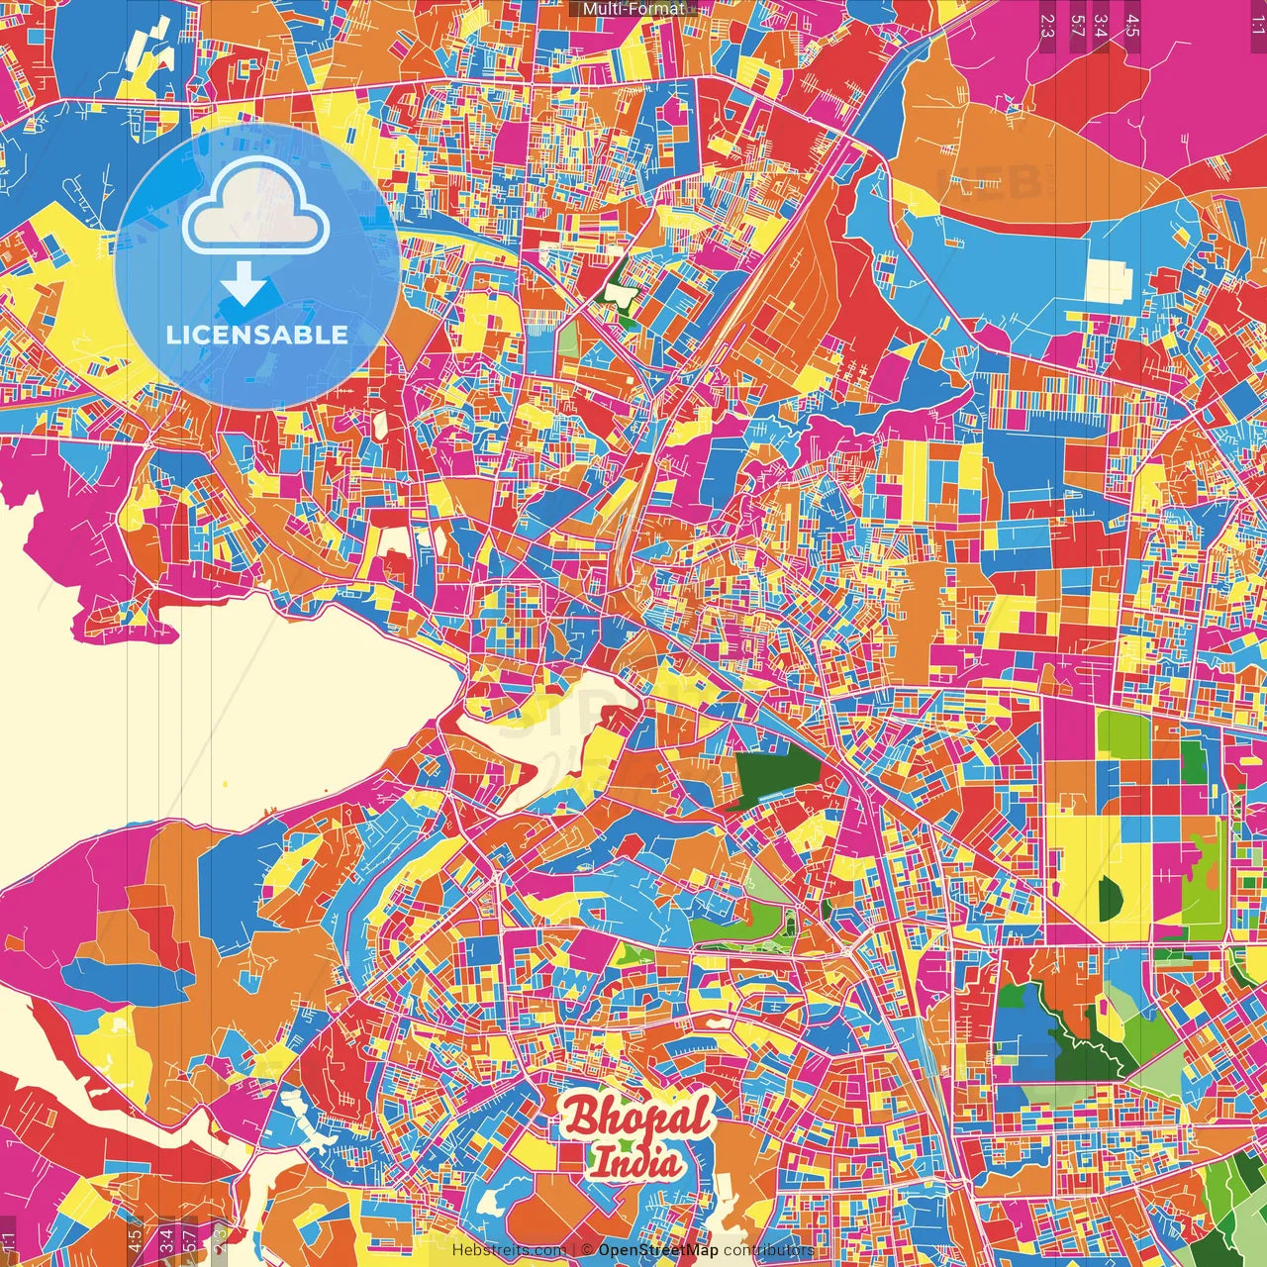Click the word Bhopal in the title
click(x=638, y=1118)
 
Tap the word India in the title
click(x=637, y=1161)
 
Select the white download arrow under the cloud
click(x=244, y=284)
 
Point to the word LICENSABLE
click(x=257, y=335)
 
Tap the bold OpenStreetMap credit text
click(x=658, y=1250)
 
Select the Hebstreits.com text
click(x=509, y=1250)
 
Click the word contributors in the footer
click(x=768, y=1250)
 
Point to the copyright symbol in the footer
click(x=587, y=1250)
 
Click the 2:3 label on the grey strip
click(x=1047, y=26)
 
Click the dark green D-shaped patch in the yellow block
click(x=1110, y=897)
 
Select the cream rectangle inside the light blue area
click(x=1108, y=279)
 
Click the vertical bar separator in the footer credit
click(x=573, y=1250)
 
